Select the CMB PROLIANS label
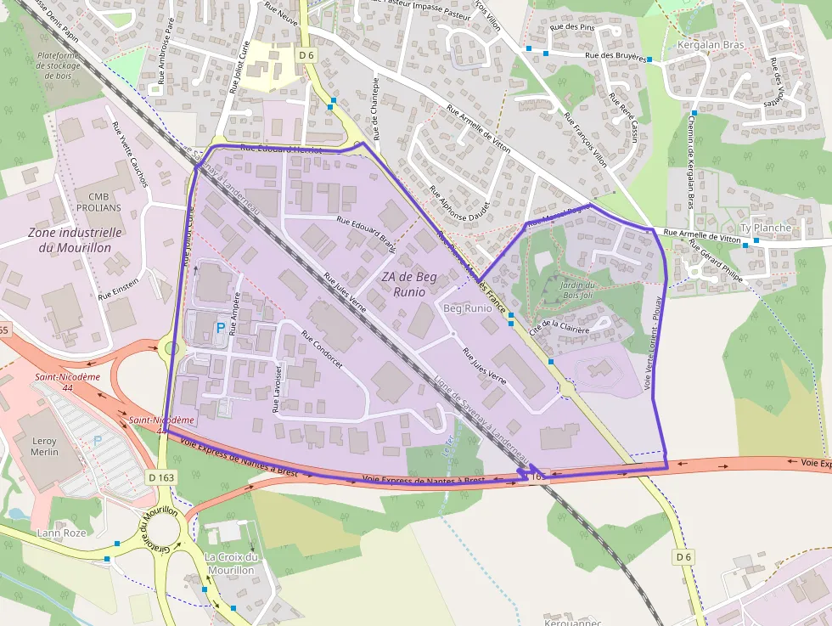(x=98, y=201)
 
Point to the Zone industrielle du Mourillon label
(x=75, y=240)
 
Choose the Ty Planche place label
(x=765, y=228)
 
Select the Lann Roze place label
(x=62, y=533)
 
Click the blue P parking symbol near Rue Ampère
(x=221, y=327)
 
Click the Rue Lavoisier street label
(x=278, y=386)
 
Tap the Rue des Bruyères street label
(x=617, y=57)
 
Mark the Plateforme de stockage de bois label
(x=59, y=65)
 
